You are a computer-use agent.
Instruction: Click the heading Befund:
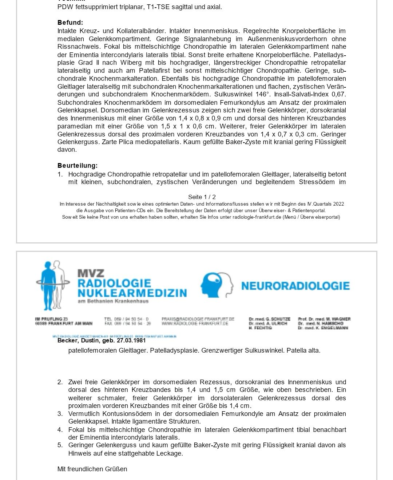tap(70, 23)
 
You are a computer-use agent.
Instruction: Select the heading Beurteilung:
tap(78, 166)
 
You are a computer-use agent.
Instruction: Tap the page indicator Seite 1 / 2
tap(202, 197)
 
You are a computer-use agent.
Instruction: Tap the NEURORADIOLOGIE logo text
tap(295, 286)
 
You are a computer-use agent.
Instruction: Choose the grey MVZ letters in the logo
tap(91, 273)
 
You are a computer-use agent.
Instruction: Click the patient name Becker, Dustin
tap(78, 341)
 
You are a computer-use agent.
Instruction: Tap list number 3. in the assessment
tap(60, 414)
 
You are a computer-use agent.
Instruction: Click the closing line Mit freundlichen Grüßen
tap(92, 469)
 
